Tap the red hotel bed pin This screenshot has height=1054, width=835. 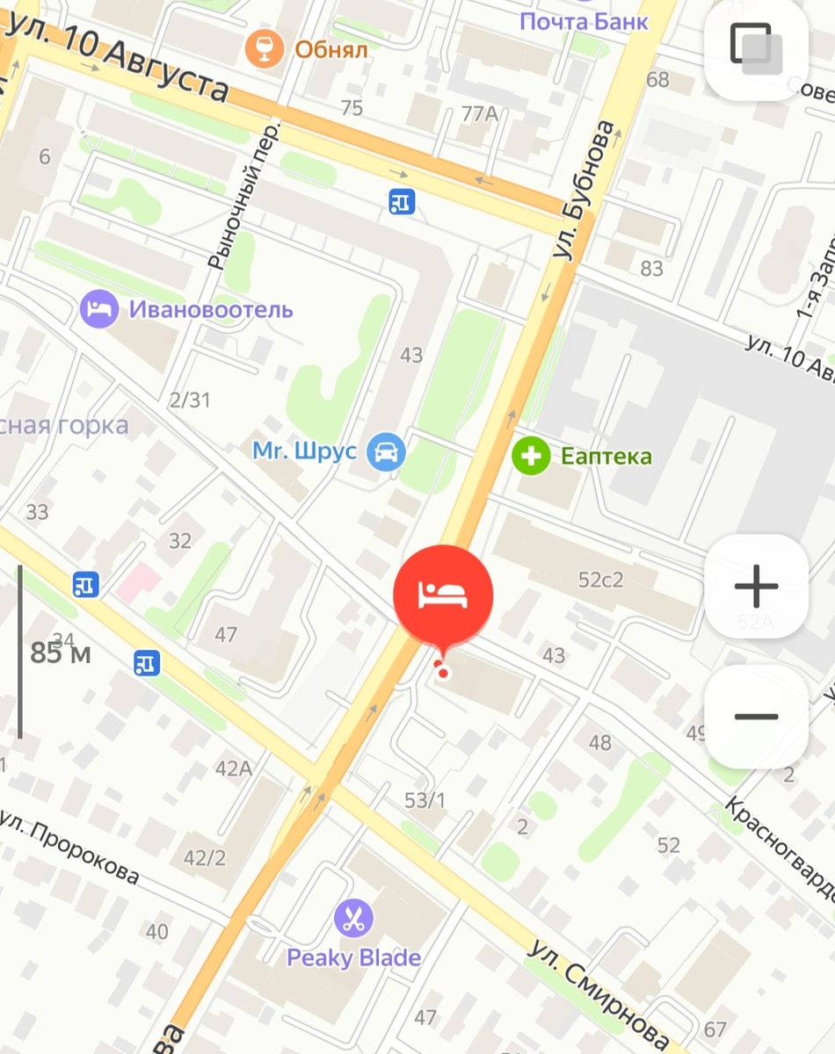[x=443, y=595]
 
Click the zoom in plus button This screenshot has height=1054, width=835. [x=756, y=586]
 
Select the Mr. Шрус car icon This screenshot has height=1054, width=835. [x=385, y=452]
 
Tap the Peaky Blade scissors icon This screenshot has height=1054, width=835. [x=353, y=920]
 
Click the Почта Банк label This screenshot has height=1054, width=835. [x=584, y=20]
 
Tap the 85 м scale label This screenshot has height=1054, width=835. [x=61, y=653]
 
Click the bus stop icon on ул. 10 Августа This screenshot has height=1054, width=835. [x=401, y=202]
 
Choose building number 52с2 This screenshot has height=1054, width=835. [x=600, y=580]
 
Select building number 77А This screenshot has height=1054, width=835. [x=480, y=112]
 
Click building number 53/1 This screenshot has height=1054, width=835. [x=425, y=800]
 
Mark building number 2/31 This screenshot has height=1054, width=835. [x=190, y=401]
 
